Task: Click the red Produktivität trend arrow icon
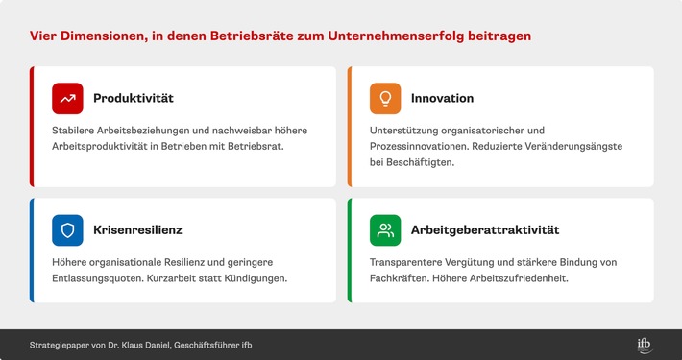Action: (67, 98)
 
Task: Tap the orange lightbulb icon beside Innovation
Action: (385, 98)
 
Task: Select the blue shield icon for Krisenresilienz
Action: (67, 230)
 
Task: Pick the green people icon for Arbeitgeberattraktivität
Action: (385, 230)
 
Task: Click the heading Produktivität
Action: (134, 98)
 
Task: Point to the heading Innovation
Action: (442, 98)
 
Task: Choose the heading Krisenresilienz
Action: (138, 230)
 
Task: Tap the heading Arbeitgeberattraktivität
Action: (485, 230)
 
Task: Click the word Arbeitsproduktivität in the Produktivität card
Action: (110, 146)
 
